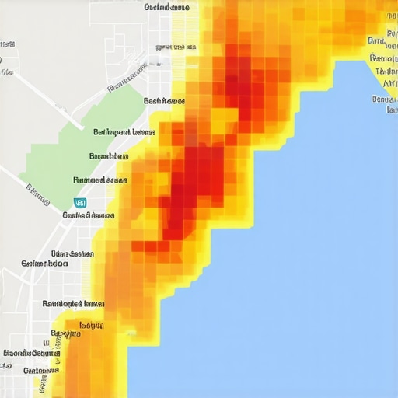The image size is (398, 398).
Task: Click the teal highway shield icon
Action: (79, 202)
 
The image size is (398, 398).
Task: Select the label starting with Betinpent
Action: (124, 132)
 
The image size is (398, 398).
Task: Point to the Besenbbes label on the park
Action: (109, 156)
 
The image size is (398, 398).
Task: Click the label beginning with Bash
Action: (165, 101)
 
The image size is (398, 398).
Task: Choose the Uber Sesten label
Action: (72, 253)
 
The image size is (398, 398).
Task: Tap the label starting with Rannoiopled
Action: (73, 304)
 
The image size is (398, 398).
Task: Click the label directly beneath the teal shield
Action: (89, 215)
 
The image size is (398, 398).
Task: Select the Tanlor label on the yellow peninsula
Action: (386, 72)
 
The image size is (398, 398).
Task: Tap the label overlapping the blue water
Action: (386, 99)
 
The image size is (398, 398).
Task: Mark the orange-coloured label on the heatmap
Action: (91, 326)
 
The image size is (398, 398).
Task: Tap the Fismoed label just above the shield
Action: (99, 180)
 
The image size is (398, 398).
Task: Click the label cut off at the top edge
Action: (166, 7)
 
